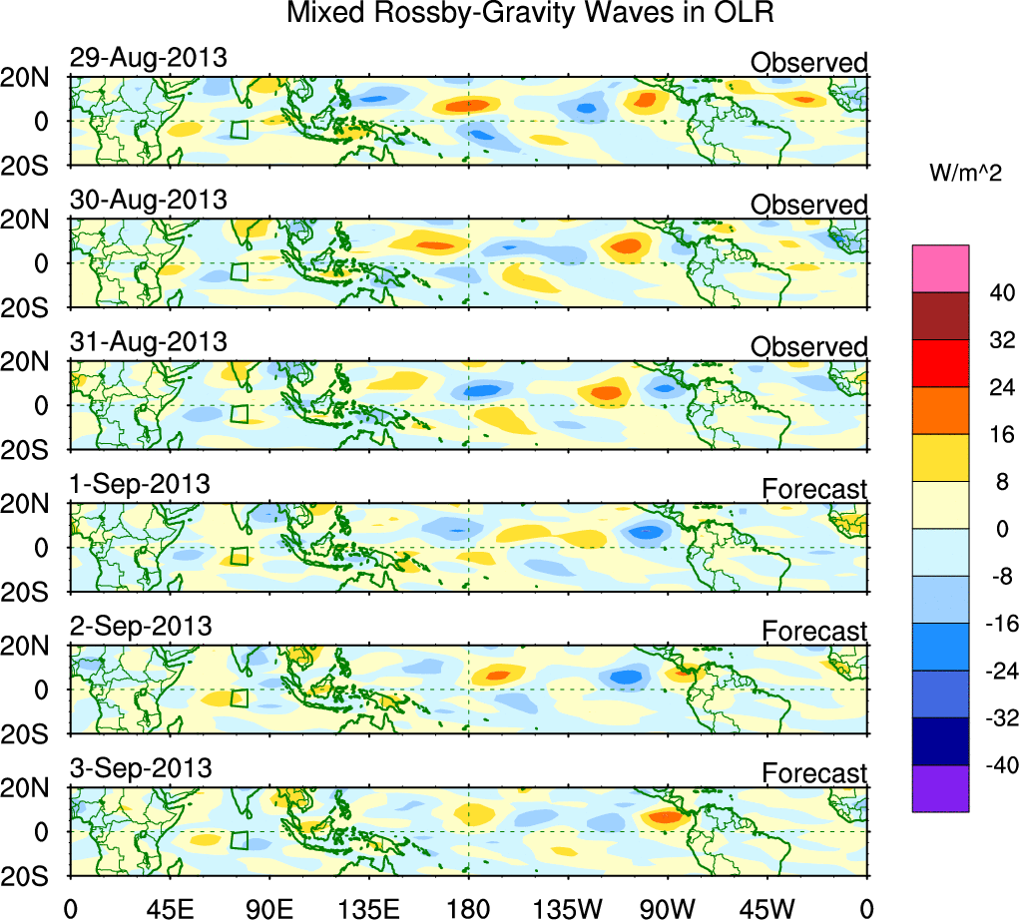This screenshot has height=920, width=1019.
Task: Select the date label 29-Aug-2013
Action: [x=148, y=58]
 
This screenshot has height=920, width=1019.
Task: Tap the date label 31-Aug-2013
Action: [x=148, y=341]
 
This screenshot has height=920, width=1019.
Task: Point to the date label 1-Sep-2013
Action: [x=140, y=484]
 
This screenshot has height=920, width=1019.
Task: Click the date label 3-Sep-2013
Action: [x=140, y=768]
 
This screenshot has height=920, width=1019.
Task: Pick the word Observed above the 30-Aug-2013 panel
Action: [x=808, y=205]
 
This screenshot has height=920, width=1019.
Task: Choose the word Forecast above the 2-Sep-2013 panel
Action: [x=814, y=631]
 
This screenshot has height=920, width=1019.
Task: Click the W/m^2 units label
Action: [x=967, y=173]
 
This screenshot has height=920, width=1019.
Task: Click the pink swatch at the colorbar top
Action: [x=940, y=268]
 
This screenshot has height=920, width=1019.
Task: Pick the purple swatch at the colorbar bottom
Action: [x=940, y=788]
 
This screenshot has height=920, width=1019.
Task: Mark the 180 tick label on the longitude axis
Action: [x=468, y=907]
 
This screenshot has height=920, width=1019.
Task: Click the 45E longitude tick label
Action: [x=169, y=907]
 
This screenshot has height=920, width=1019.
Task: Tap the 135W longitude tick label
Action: [x=568, y=907]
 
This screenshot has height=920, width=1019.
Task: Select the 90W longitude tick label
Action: [x=668, y=907]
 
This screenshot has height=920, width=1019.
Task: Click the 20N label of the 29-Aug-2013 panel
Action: [x=33, y=79]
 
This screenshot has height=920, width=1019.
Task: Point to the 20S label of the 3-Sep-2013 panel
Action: [x=33, y=874]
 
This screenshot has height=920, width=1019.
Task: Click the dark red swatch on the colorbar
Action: [x=940, y=316]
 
